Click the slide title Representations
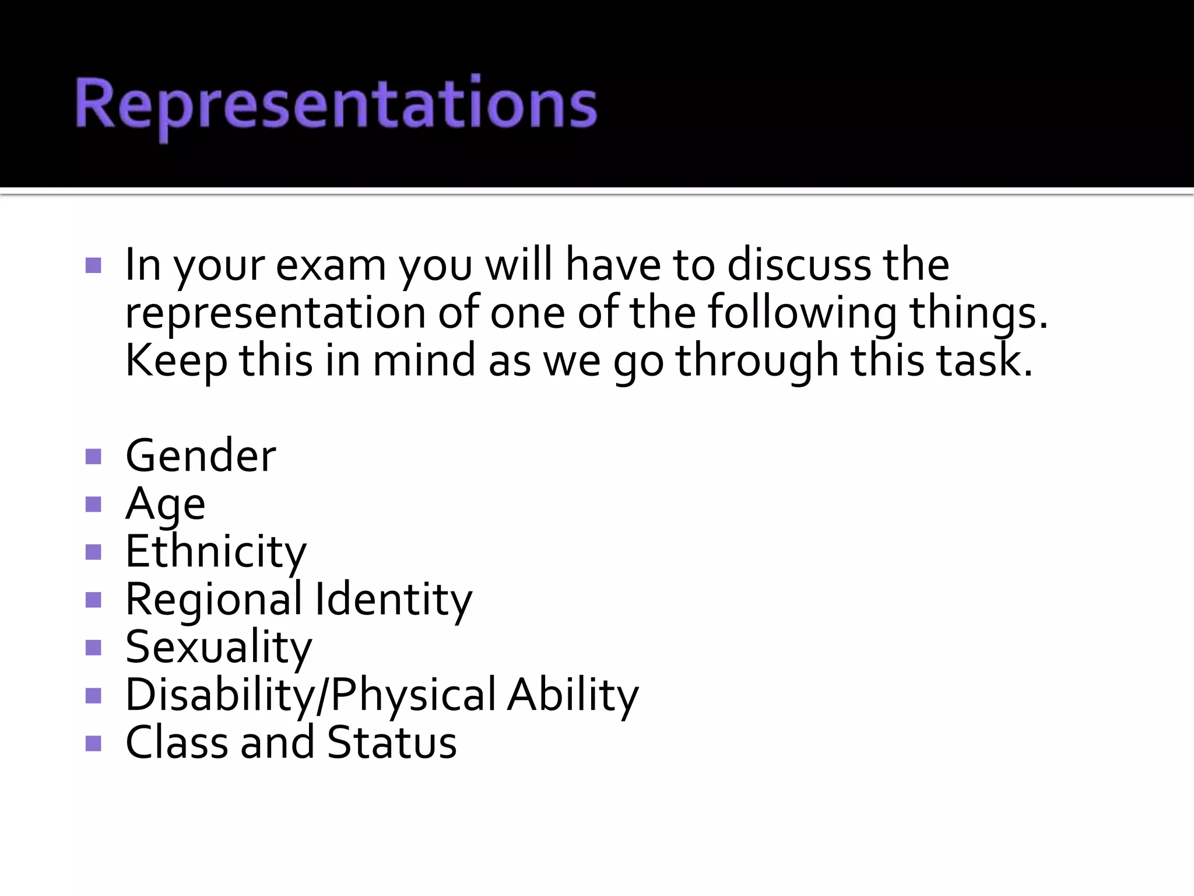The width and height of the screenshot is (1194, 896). [x=336, y=106]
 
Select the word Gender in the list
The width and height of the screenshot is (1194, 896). [x=201, y=456]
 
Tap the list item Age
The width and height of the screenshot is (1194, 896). [x=165, y=504]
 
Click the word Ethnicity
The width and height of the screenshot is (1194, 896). [x=216, y=552]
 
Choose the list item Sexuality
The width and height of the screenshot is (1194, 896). [x=219, y=647]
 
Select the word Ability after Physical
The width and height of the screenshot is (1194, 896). [x=573, y=695]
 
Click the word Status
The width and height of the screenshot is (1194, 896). [x=392, y=743]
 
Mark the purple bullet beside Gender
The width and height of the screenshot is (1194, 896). [x=93, y=456]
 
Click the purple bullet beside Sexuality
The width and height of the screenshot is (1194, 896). [x=93, y=647]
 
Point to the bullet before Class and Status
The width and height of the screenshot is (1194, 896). [x=93, y=743]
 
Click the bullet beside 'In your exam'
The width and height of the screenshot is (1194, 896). [x=93, y=266]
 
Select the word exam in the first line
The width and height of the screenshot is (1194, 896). [x=331, y=266]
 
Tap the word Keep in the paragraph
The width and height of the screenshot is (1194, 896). [x=176, y=361]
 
